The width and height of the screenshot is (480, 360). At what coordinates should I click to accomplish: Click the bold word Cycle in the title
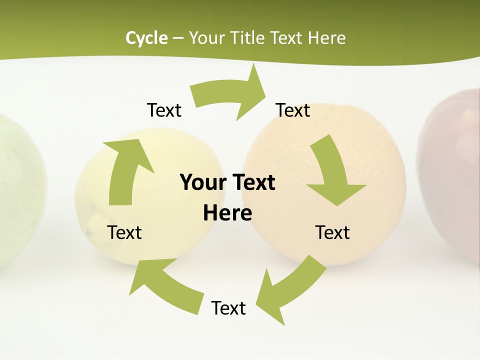click(x=146, y=38)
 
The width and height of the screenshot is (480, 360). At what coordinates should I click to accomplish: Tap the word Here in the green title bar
click(x=326, y=38)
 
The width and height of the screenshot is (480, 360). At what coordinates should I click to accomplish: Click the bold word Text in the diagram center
click(x=252, y=182)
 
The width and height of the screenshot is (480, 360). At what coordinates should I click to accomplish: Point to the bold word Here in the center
click(x=227, y=213)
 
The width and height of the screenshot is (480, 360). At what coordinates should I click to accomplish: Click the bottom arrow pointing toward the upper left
click(x=165, y=285)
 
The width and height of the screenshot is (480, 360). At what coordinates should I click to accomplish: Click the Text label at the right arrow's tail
click(x=293, y=110)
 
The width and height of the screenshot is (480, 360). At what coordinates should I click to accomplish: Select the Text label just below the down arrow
click(x=332, y=232)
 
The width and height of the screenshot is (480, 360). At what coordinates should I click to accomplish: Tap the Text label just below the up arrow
click(x=124, y=232)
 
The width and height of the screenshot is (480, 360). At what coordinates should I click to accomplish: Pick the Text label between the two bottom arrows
click(x=228, y=308)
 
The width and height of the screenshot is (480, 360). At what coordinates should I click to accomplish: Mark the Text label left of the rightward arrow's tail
click(x=164, y=110)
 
